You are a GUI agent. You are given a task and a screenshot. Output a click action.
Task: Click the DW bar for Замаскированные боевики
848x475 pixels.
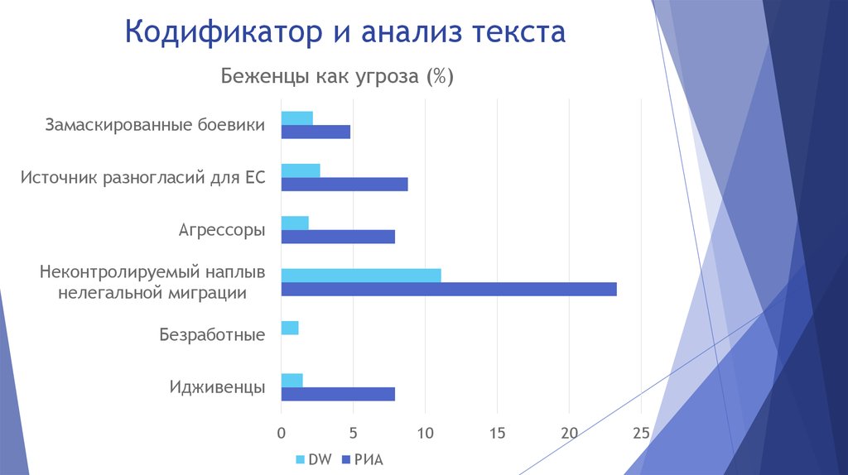point(297,118)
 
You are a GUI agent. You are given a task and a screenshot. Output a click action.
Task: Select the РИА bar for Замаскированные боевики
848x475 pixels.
point(316,132)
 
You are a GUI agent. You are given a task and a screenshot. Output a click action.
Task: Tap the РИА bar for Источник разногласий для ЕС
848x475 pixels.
point(344,184)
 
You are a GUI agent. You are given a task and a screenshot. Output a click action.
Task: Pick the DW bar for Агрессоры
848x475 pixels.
point(295,223)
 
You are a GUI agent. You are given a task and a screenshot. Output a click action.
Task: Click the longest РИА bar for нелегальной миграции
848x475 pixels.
point(449,289)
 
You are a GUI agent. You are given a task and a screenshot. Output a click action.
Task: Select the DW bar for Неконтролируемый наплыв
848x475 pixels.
point(361,275)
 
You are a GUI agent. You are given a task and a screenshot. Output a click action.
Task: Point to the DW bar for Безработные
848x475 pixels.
point(290,328)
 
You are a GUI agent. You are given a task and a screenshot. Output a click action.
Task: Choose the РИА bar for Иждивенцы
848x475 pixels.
point(338,394)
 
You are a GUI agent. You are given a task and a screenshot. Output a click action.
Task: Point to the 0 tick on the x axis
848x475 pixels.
point(282,432)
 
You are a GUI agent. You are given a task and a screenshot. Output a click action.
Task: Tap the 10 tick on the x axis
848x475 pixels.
point(425,432)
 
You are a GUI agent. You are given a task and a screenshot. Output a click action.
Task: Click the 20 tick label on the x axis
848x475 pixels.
point(569,432)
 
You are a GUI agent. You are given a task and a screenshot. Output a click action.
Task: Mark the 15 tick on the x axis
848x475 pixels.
point(497,432)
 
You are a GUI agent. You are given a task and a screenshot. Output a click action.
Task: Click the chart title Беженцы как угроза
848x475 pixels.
point(337,77)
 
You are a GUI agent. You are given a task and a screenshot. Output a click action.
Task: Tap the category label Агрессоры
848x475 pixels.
point(222,230)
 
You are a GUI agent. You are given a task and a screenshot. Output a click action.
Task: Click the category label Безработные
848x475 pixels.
point(212,335)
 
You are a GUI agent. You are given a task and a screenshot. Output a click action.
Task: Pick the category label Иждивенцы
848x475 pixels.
point(218,387)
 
